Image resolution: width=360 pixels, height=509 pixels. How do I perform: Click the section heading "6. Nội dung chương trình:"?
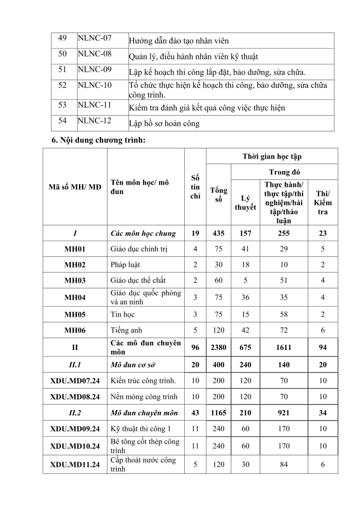click(98, 141)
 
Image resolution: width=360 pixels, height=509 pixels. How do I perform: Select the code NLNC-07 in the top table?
click(95, 38)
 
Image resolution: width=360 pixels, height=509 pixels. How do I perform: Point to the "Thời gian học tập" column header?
click(272, 156)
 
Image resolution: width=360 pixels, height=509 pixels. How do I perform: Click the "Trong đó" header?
click(284, 172)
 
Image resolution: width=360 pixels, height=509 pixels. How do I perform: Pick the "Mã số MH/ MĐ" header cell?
click(75, 187)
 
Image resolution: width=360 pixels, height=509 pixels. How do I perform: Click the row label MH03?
click(75, 280)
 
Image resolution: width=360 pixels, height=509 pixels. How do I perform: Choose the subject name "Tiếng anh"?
click(126, 330)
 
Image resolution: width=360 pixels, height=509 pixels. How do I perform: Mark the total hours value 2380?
click(219, 347)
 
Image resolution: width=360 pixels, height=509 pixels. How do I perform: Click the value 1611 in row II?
click(284, 347)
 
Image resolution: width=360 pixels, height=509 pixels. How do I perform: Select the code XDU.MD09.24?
click(75, 429)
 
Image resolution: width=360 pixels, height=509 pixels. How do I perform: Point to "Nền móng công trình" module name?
click(144, 397)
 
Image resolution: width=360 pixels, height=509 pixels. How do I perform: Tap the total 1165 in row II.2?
click(219, 413)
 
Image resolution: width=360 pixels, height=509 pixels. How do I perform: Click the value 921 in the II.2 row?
click(284, 413)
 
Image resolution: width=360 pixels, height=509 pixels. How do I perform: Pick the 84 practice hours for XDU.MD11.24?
click(284, 464)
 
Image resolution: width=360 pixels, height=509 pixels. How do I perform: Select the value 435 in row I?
click(219, 233)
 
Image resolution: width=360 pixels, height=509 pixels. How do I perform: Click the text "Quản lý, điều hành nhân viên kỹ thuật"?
click(194, 57)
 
